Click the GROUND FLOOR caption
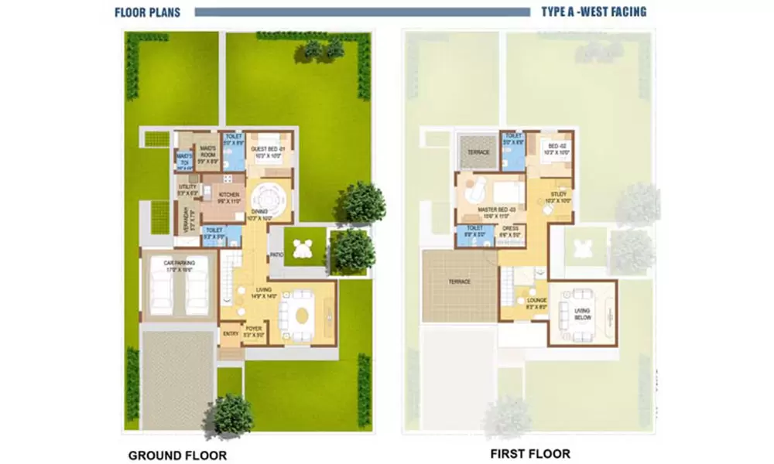[x=177, y=455]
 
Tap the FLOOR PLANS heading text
[x=149, y=12]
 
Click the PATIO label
[x=276, y=254]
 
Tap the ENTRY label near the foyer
[x=230, y=334]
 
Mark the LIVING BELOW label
[x=582, y=314]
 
